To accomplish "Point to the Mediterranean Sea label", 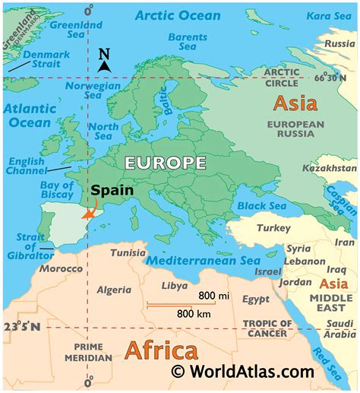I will (x=203, y=261).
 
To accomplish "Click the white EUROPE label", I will (x=165, y=162).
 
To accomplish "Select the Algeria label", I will (x=114, y=290).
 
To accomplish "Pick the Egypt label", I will (x=256, y=300).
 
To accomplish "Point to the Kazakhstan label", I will (x=329, y=167).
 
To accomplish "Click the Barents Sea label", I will (x=187, y=43).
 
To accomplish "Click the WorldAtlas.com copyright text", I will (x=242, y=372).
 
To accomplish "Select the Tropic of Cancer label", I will (x=265, y=328).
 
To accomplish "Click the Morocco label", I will (x=61, y=270).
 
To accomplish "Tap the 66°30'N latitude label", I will (x=338, y=77).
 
